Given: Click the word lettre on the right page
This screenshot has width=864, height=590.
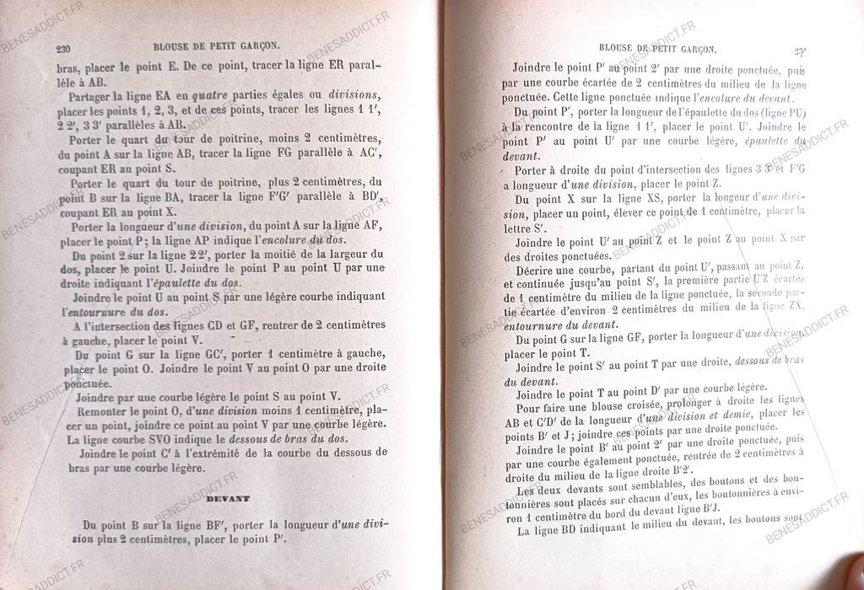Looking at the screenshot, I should [524, 226].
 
